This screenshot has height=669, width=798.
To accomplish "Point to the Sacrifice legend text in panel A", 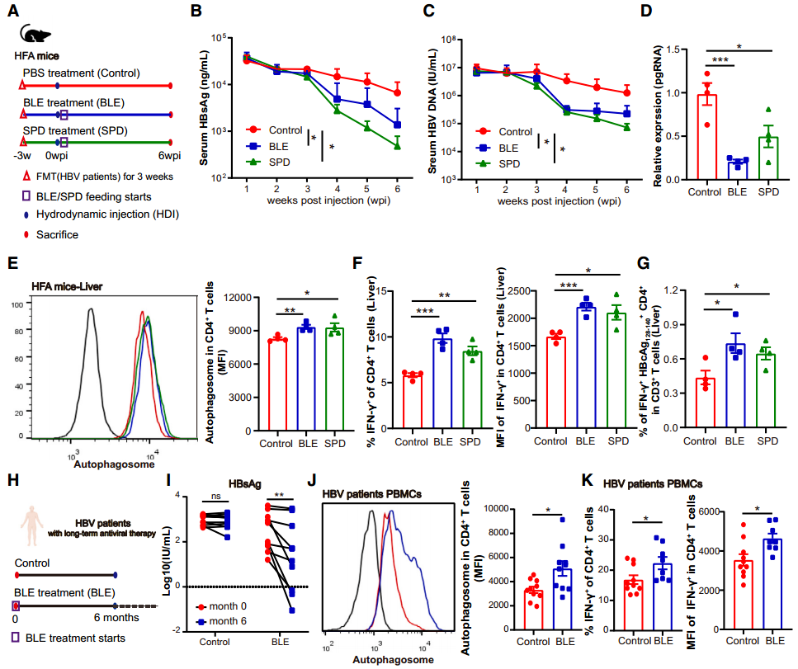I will click(x=57, y=234).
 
